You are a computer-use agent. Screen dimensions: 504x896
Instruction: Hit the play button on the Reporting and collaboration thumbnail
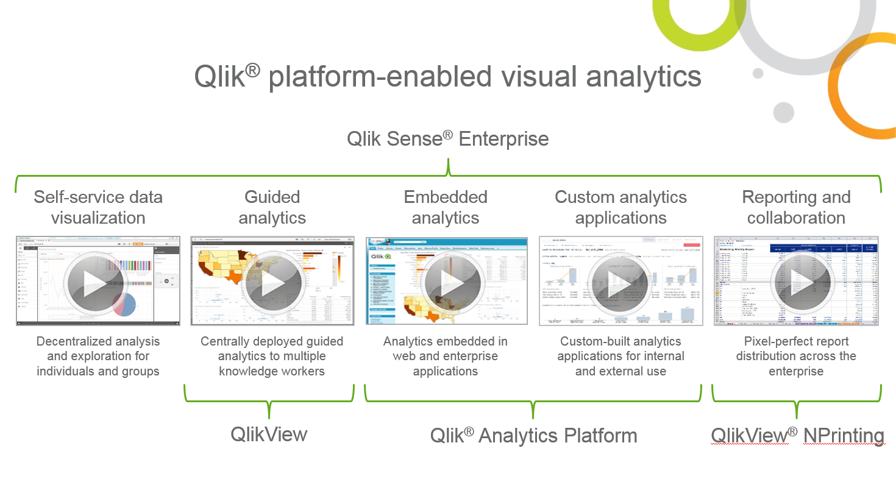click(x=801, y=283)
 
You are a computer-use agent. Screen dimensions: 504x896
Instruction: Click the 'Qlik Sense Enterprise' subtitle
click(x=447, y=139)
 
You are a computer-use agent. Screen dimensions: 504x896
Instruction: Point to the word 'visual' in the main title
click(x=539, y=77)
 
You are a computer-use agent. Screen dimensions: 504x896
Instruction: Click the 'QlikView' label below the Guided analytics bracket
click(x=269, y=435)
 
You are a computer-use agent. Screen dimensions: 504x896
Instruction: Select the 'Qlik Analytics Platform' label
click(x=533, y=436)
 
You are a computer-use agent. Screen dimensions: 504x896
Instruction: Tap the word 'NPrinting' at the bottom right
click(x=844, y=436)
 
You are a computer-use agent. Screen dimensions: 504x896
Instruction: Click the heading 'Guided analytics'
click(x=272, y=207)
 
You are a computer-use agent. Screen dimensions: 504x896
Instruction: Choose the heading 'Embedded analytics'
click(x=446, y=207)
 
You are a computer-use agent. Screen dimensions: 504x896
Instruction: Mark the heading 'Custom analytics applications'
click(x=620, y=207)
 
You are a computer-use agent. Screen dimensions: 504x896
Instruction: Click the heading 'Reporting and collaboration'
click(x=796, y=207)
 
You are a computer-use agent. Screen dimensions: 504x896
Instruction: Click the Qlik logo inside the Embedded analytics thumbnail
click(x=381, y=257)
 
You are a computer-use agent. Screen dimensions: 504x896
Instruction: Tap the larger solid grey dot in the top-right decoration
click(x=783, y=113)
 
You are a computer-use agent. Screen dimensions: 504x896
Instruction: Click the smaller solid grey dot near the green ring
click(x=758, y=74)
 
